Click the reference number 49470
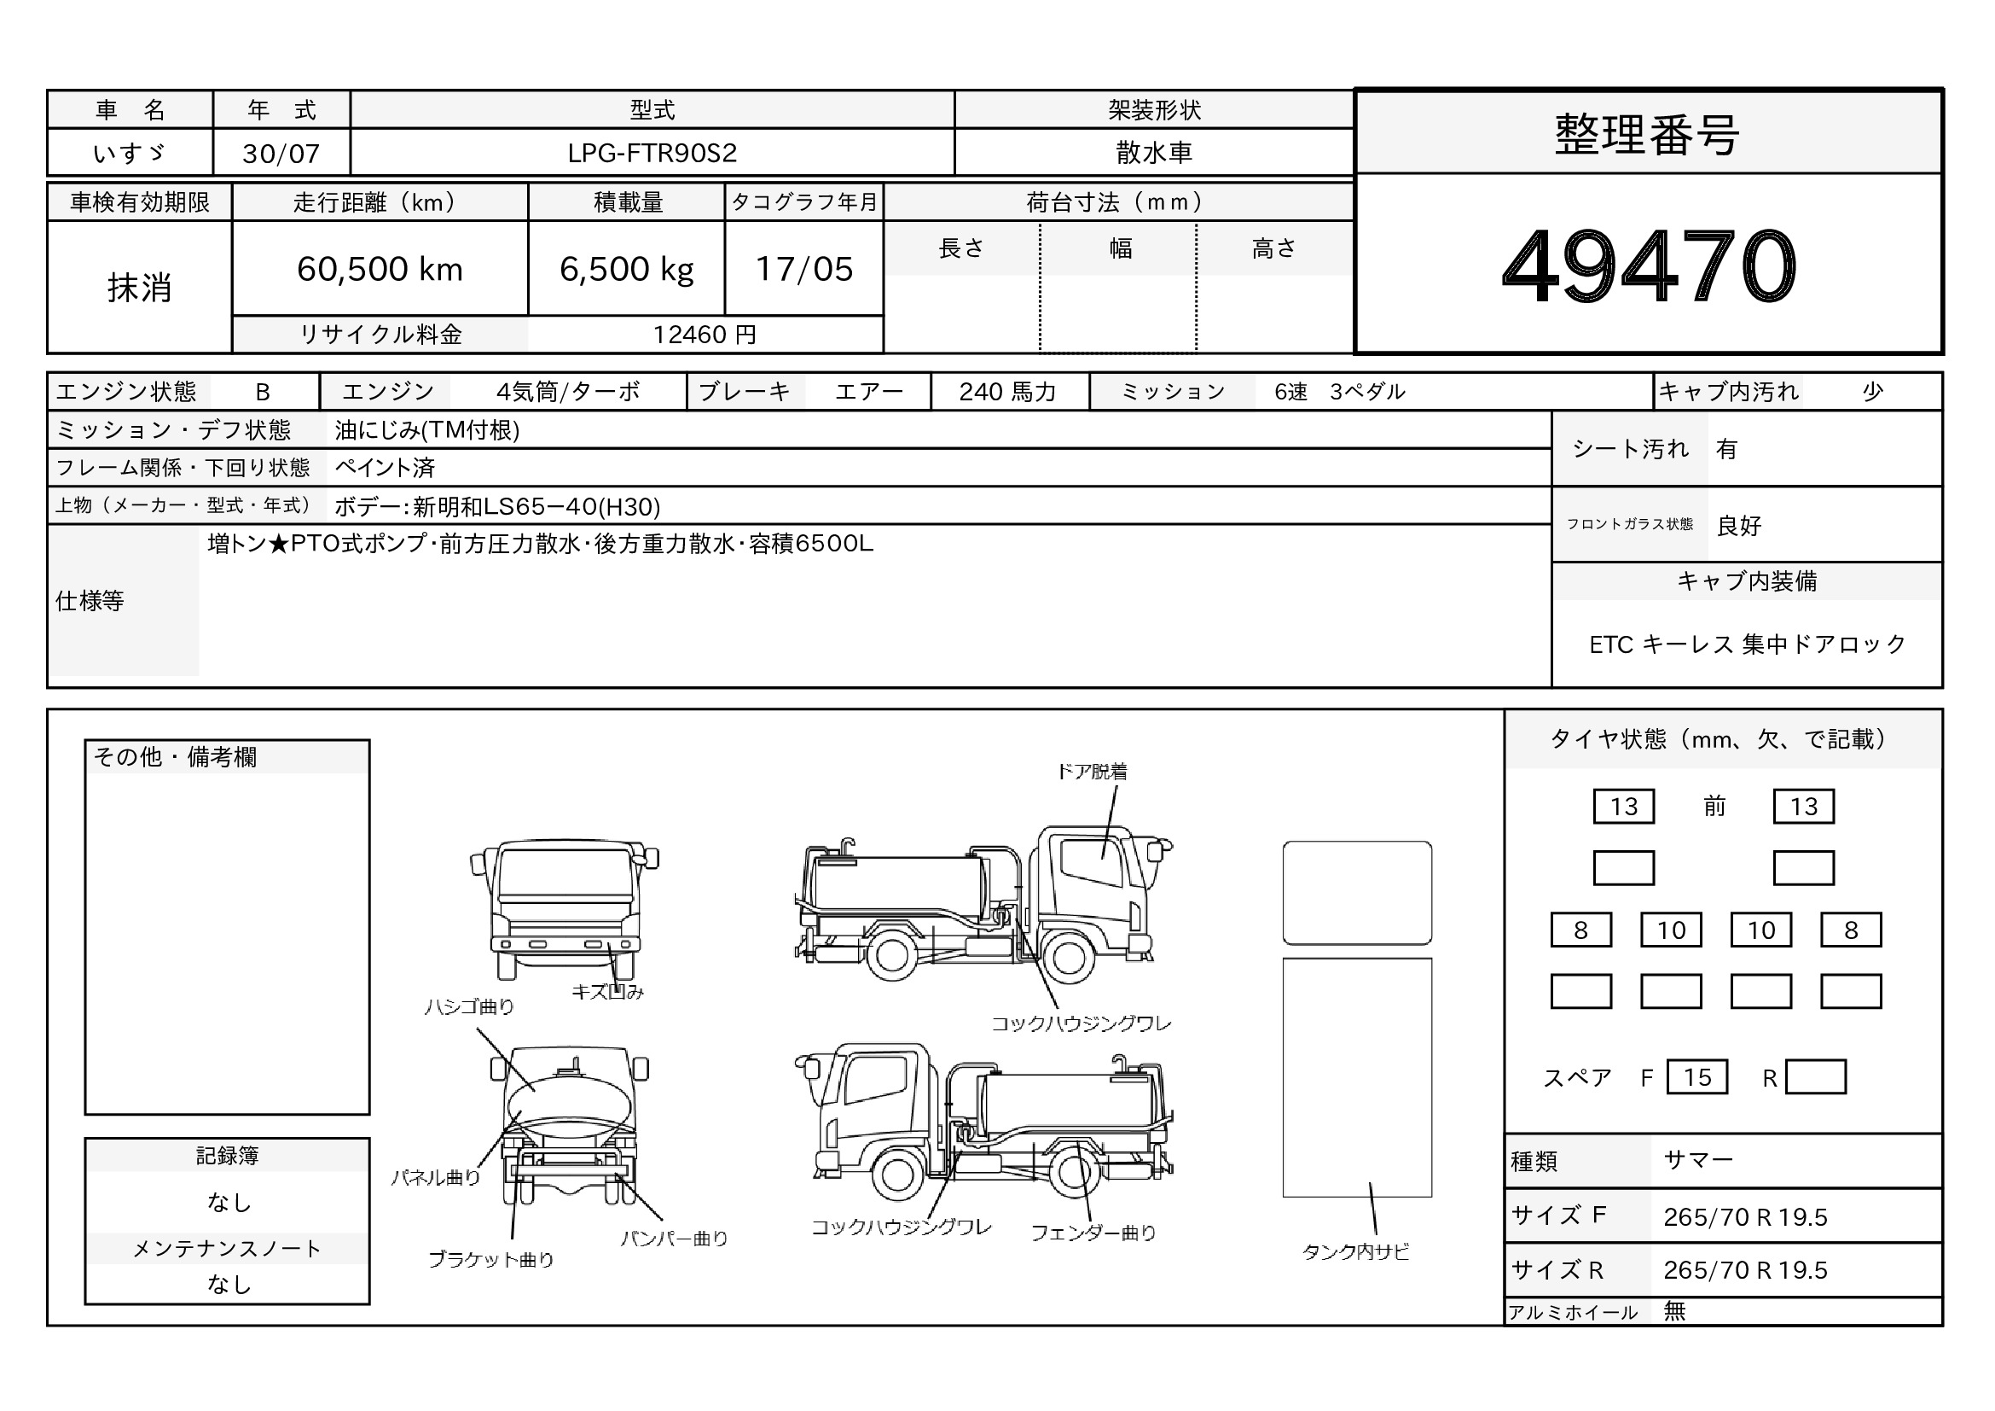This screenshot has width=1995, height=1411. point(1649,266)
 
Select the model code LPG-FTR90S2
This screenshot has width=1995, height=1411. point(652,153)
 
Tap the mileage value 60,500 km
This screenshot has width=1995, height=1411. point(380,270)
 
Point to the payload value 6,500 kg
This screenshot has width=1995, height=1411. point(627,270)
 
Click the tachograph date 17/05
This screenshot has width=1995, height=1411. point(803,270)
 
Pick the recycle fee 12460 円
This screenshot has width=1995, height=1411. point(705,335)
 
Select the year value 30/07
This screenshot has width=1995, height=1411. point(281,154)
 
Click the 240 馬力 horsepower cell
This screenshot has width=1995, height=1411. point(1008,392)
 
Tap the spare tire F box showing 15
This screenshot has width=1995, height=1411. point(1697,1077)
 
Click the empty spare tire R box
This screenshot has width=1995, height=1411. point(1815,1077)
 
